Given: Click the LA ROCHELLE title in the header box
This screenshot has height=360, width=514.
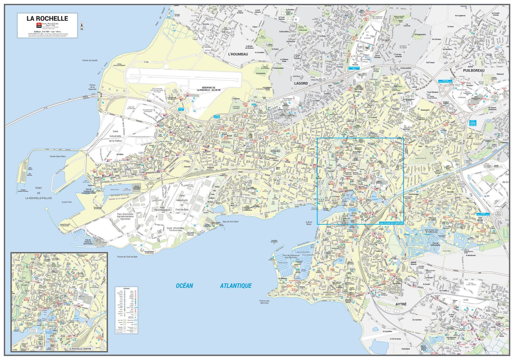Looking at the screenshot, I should pyautogui.click(x=47, y=18).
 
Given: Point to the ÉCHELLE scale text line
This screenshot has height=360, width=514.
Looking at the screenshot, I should pyautogui.click(x=47, y=32).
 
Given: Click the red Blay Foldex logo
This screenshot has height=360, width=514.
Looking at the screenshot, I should pyautogui.click(x=39, y=25).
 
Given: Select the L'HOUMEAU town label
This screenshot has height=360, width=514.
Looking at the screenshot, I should pyautogui.click(x=238, y=54).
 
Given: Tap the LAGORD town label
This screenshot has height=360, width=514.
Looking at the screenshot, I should pyautogui.click(x=301, y=83).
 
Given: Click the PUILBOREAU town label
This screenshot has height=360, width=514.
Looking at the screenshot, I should pyautogui.click(x=474, y=70).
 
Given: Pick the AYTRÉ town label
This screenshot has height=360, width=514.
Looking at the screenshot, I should pyautogui.click(x=401, y=304).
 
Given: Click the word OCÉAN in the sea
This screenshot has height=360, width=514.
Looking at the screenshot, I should pyautogui.click(x=184, y=286).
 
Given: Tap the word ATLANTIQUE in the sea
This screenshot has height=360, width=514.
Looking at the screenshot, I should pyautogui.click(x=236, y=286).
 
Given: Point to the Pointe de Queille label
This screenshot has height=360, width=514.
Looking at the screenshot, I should pyautogui.click(x=90, y=60).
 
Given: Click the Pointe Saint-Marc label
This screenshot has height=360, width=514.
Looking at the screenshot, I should pyautogui.click(x=58, y=157).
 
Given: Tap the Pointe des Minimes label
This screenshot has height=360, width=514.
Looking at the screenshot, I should pyautogui.click(x=264, y=302).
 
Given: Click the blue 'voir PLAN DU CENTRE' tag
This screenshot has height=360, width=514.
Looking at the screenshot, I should pyautogui.click(x=391, y=223).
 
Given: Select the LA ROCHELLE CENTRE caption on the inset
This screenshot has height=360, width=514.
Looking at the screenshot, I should pyautogui.click(x=80, y=349).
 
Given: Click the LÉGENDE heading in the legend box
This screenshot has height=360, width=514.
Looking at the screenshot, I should pyautogui.click(x=126, y=289).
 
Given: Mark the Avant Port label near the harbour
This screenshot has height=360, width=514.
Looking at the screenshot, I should pyautogui.click(x=67, y=202).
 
